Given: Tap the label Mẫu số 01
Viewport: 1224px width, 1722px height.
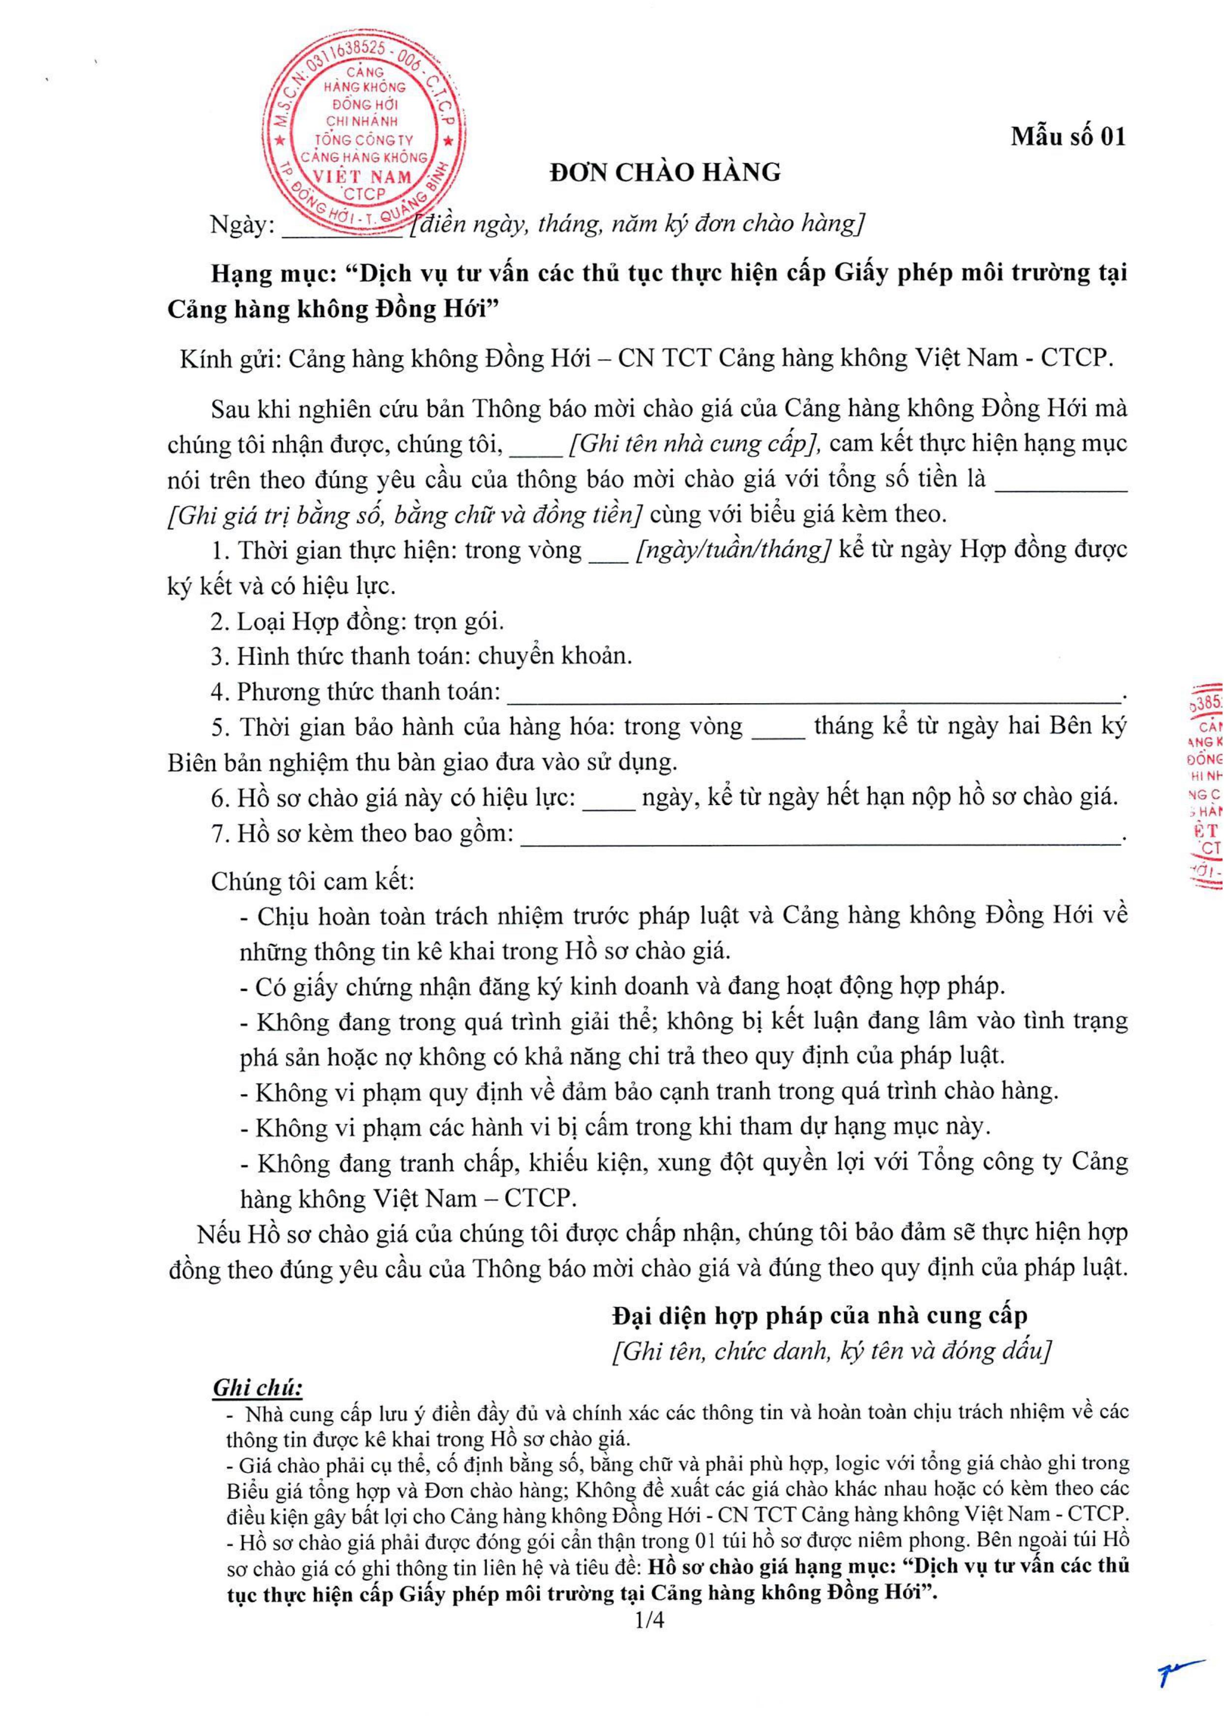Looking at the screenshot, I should (x=1068, y=136).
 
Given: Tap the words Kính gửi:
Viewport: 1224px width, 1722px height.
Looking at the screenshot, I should (x=230, y=358).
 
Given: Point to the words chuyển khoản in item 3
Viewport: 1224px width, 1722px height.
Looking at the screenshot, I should (x=555, y=656).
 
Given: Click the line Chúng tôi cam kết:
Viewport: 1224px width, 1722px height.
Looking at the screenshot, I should (x=313, y=882).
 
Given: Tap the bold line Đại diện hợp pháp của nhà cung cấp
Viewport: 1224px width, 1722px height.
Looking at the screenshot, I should (x=819, y=1316).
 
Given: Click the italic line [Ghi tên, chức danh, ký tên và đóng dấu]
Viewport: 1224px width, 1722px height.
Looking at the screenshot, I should (x=831, y=1351).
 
